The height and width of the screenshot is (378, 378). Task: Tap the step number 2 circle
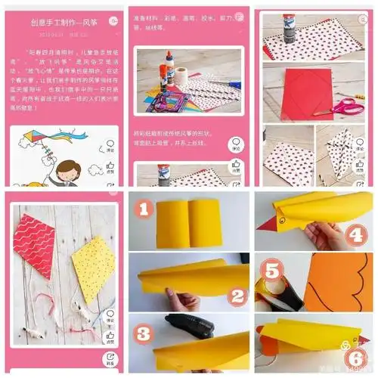point(237,296)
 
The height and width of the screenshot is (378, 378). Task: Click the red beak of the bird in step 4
point(269,224)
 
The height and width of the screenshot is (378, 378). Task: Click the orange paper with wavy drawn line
point(336,283)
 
